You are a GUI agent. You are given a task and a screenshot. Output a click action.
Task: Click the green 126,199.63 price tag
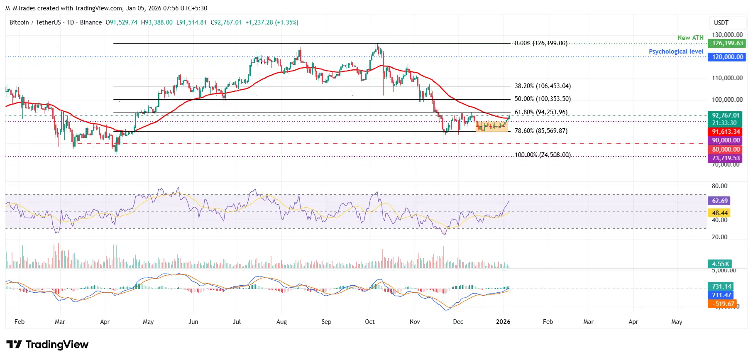pyautogui.click(x=726, y=43)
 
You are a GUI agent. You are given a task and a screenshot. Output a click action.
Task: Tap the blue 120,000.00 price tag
pyautogui.click(x=726, y=57)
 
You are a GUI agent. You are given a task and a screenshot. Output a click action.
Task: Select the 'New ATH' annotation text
pyautogui.click(x=690, y=38)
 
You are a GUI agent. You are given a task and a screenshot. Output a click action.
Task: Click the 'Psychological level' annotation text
pyautogui.click(x=676, y=51)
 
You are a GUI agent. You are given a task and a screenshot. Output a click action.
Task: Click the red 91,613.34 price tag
pyautogui.click(x=726, y=132)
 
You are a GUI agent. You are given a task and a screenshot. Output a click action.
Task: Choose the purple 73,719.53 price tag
pyautogui.click(x=726, y=158)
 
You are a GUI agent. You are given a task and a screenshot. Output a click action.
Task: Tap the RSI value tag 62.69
pyautogui.click(x=719, y=201)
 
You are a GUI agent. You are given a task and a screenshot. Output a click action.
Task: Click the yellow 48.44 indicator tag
pyautogui.click(x=719, y=213)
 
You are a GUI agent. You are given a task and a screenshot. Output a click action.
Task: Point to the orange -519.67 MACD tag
pyautogui.click(x=722, y=304)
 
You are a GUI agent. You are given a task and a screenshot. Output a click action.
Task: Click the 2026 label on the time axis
pyautogui.click(x=503, y=322)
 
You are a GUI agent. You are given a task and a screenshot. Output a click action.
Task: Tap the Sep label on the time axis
pyautogui.click(x=326, y=322)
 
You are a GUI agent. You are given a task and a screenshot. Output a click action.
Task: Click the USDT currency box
pyautogui.click(x=721, y=23)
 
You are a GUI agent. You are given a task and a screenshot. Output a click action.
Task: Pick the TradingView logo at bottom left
pyautogui.click(x=47, y=345)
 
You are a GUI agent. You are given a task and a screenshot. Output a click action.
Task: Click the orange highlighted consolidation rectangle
pyautogui.click(x=492, y=126)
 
